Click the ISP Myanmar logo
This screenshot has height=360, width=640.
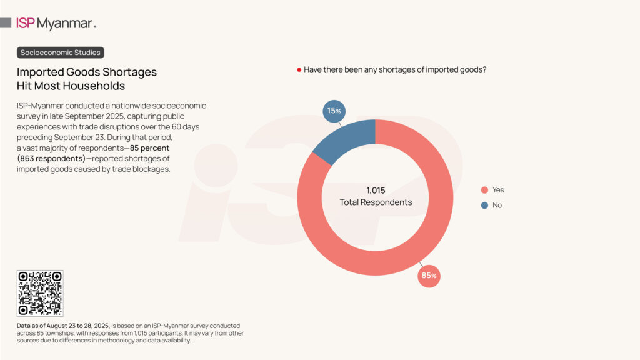point(56,24)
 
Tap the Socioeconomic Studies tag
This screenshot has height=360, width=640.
point(60,52)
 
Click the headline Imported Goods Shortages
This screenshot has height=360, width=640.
point(87,72)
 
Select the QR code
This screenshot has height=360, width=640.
point(40,293)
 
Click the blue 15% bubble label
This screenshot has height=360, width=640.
point(334,111)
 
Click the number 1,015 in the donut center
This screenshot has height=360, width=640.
point(376,190)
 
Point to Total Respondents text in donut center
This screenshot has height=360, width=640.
point(376,202)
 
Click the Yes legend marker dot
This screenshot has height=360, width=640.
point(484,190)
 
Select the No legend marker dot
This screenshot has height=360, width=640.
point(484,206)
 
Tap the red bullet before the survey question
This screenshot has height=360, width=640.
point(299,70)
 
